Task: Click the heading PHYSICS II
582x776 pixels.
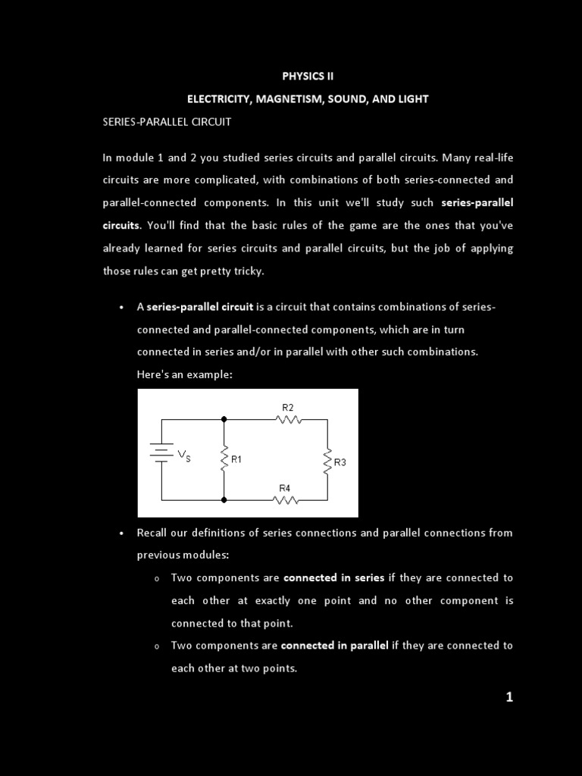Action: pyautogui.click(x=308, y=76)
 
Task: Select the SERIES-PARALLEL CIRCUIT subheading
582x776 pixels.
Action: pyautogui.click(x=167, y=121)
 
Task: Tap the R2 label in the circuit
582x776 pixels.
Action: pyautogui.click(x=288, y=408)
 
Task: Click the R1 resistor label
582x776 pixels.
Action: pyautogui.click(x=236, y=459)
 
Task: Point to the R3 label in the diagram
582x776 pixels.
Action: pyautogui.click(x=339, y=462)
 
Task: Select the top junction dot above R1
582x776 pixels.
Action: pyautogui.click(x=224, y=418)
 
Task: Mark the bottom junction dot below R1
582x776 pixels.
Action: pyautogui.click(x=224, y=499)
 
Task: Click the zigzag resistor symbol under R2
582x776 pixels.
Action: pyautogui.click(x=289, y=418)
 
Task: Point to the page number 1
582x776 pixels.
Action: pyautogui.click(x=509, y=697)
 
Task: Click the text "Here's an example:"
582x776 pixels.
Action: pyautogui.click(x=184, y=374)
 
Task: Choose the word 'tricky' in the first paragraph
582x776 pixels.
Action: pyautogui.click(x=246, y=271)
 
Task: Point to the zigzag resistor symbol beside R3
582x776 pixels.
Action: pyautogui.click(x=327, y=461)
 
